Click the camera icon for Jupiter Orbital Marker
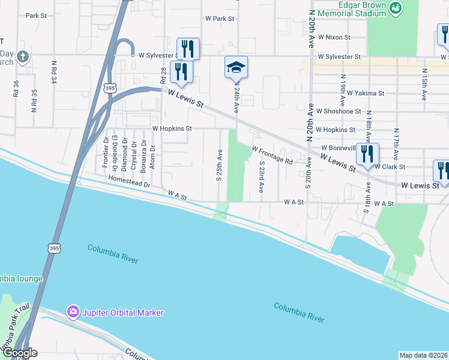(x=73, y=312)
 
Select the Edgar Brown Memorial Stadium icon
(x=395, y=8)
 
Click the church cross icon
(x=22, y=58)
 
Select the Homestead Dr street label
(x=129, y=182)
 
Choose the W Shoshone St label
(x=339, y=112)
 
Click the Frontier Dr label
(x=106, y=155)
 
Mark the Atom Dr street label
(x=153, y=157)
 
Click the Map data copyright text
(x=423, y=355)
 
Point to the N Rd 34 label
(x=54, y=71)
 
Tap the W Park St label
(x=219, y=19)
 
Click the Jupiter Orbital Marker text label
(x=124, y=313)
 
